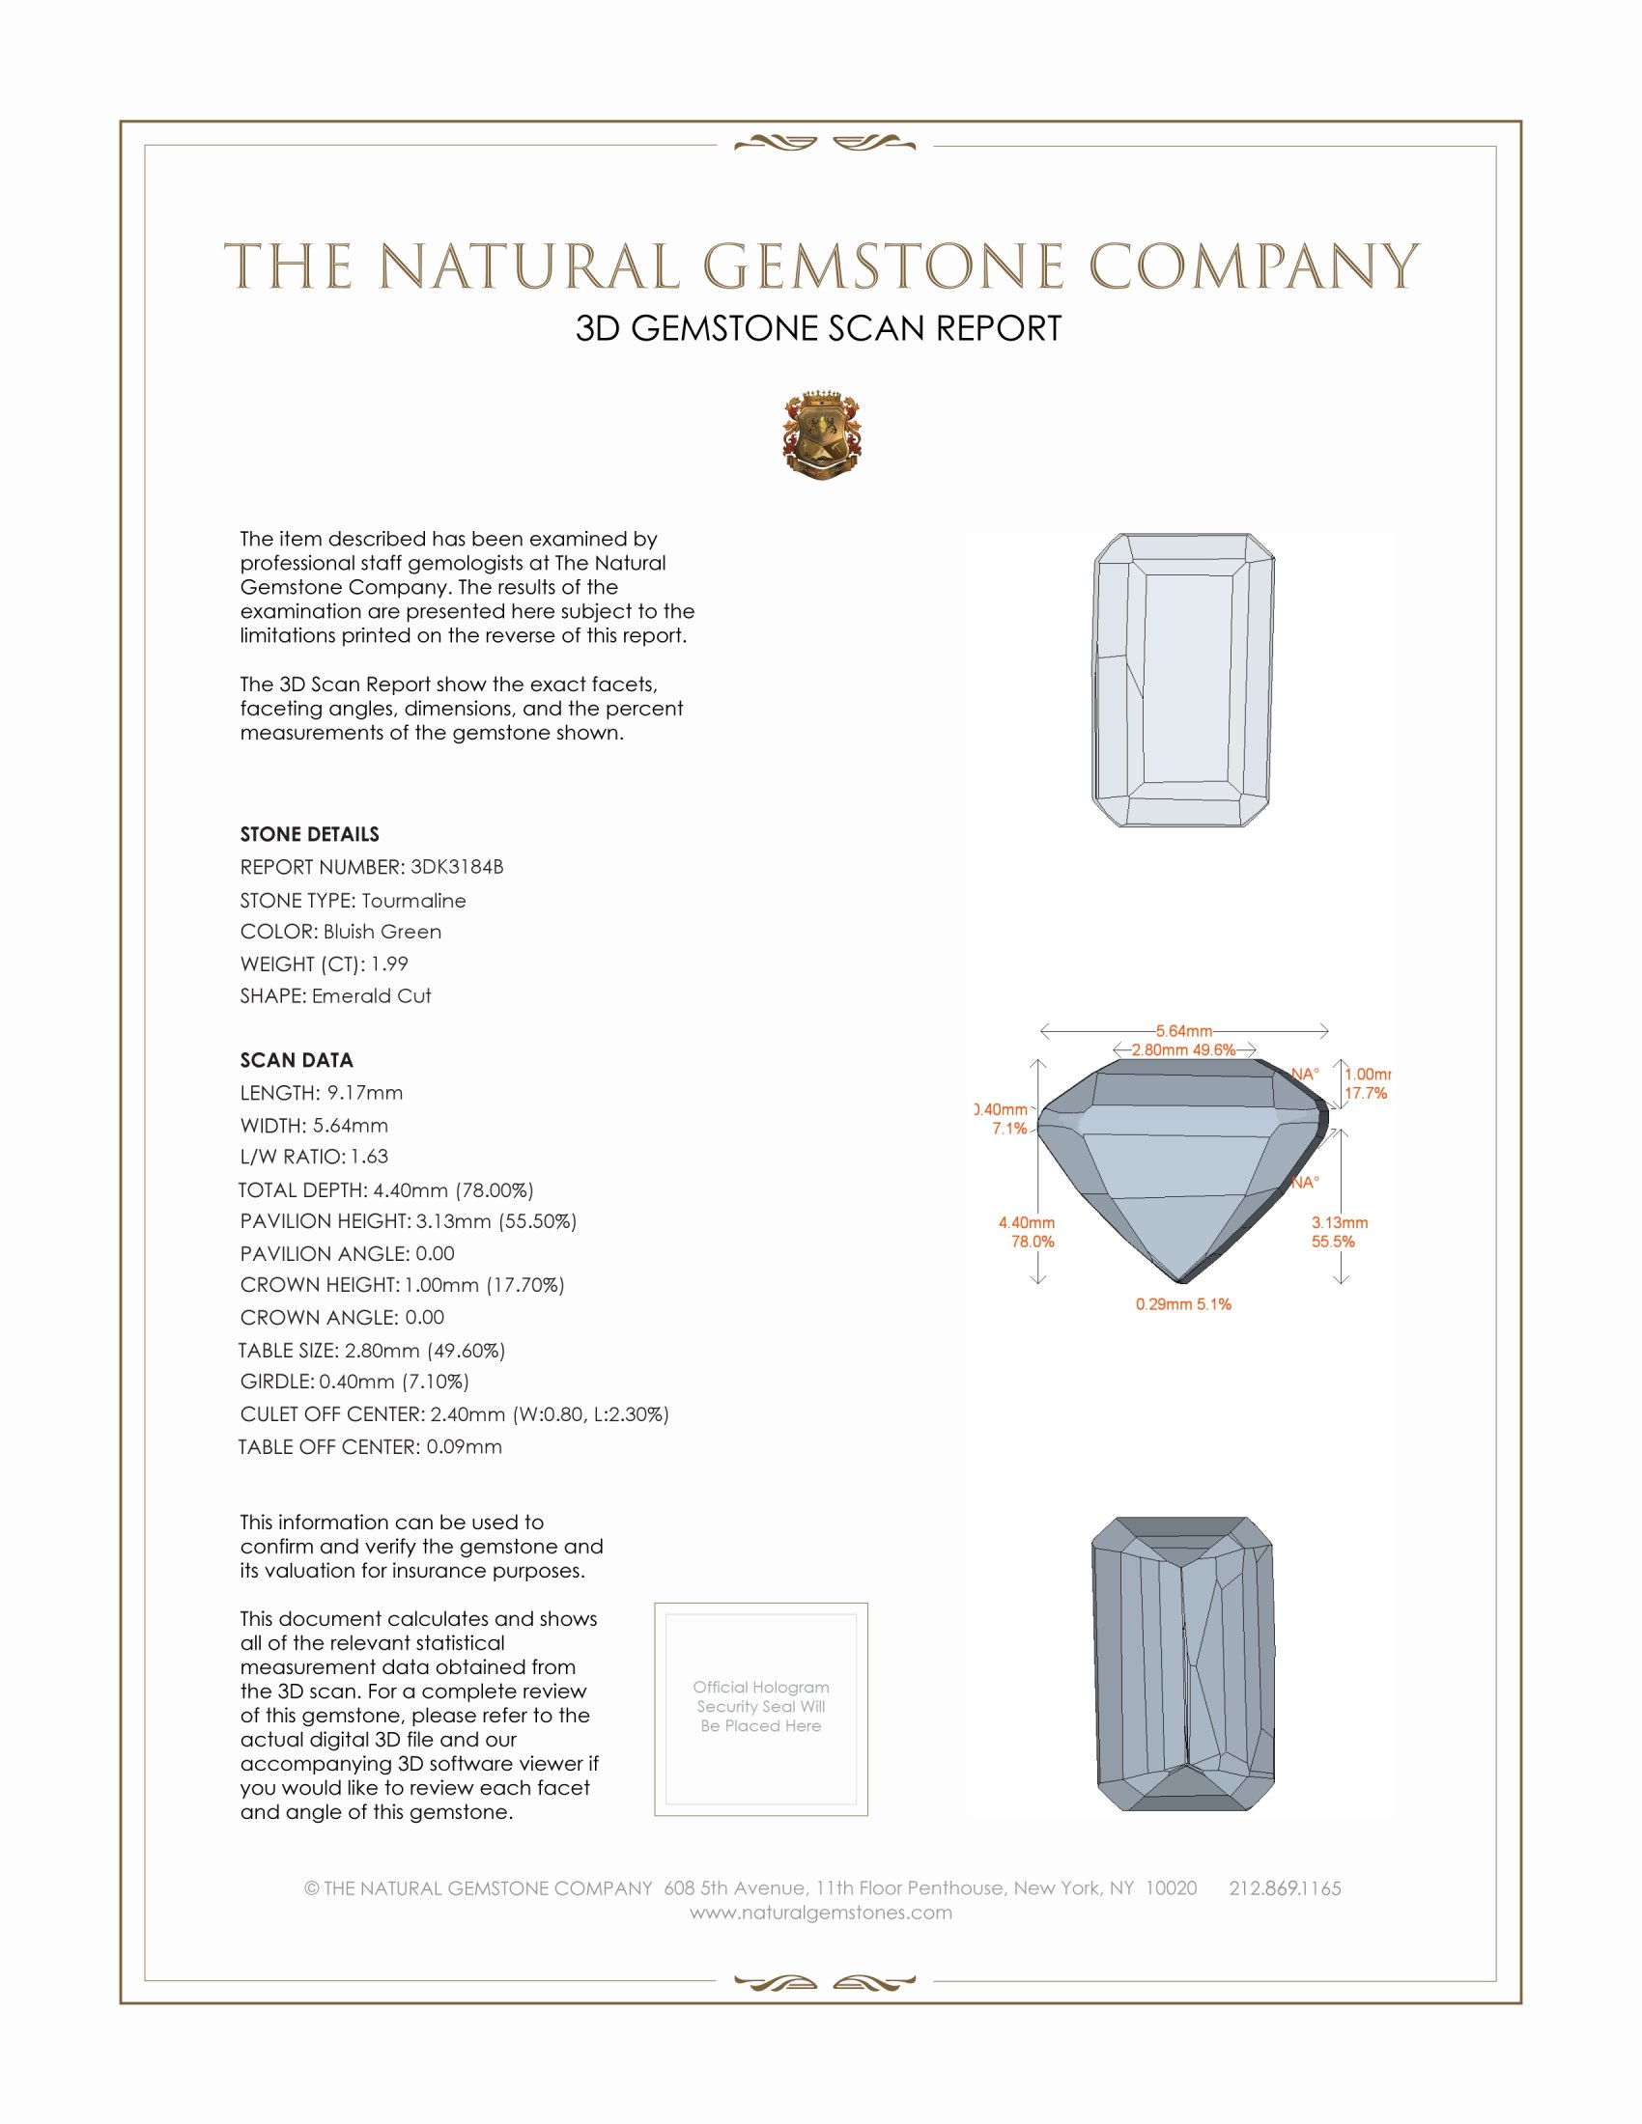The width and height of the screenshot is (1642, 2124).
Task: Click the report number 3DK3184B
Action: [456, 867]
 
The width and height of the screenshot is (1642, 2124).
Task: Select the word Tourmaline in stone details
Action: [413, 901]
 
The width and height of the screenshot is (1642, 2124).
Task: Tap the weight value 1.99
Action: [389, 964]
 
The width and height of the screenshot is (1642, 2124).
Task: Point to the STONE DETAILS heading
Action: [309, 834]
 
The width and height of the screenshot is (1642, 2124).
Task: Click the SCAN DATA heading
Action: [297, 1060]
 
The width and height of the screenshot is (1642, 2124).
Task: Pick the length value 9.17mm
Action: [365, 1093]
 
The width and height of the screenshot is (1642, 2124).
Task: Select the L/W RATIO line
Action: [314, 1157]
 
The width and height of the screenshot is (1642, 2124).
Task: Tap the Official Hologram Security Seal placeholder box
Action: [761, 1709]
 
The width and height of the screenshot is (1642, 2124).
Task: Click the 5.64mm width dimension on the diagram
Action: [1184, 1031]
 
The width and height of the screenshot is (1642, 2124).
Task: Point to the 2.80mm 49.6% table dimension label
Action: [1183, 1050]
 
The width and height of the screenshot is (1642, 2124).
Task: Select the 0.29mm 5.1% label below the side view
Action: [1183, 1304]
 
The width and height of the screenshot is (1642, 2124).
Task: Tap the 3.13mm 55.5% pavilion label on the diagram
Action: [1339, 1232]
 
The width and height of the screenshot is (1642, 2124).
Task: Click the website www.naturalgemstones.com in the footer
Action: [821, 1913]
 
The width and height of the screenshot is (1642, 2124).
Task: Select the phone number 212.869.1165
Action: [1284, 1888]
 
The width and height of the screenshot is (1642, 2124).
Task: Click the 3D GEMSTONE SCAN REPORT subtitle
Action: [818, 328]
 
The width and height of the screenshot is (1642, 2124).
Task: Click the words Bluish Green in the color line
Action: [382, 932]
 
